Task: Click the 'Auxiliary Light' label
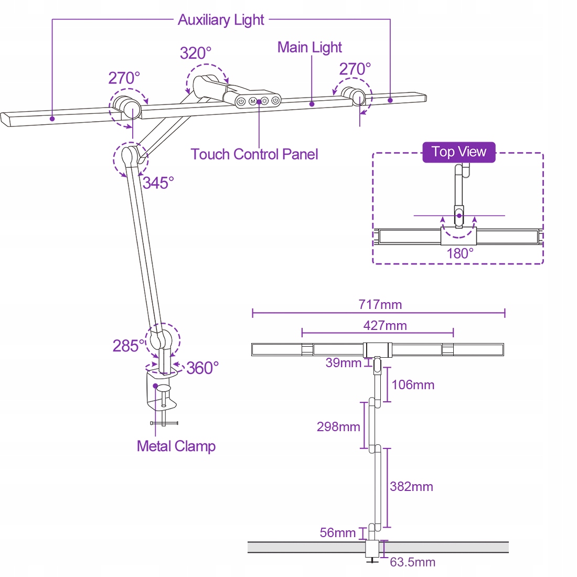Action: pos(221,20)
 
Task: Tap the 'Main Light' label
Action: pos(309,47)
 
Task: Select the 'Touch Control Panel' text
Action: pos(254,154)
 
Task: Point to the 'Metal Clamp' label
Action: pos(176,446)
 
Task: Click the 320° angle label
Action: pos(196,54)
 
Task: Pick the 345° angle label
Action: pos(158,183)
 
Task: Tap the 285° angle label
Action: pos(128,346)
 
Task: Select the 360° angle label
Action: pos(202,368)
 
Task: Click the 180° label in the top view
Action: pos(460,253)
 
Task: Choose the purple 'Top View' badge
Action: pos(459,152)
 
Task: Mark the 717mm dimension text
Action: pos(380,305)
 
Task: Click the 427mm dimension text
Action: pos(385,326)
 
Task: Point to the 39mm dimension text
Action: pos(344,363)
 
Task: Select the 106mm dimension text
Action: pos(413,385)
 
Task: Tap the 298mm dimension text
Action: pos(338,427)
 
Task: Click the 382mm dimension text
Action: pos(411,487)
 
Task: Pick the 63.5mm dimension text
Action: pos(412,562)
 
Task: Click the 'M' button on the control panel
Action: pos(253,101)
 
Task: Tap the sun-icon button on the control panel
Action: pos(264,101)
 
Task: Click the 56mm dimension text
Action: pos(337,533)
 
